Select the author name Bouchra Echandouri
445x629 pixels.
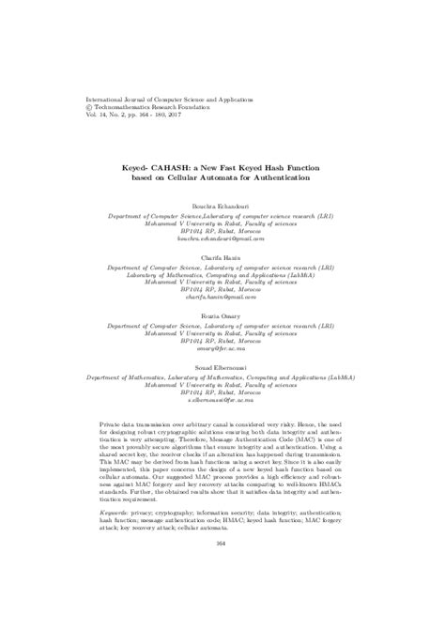222,205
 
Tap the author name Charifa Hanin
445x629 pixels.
222,255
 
